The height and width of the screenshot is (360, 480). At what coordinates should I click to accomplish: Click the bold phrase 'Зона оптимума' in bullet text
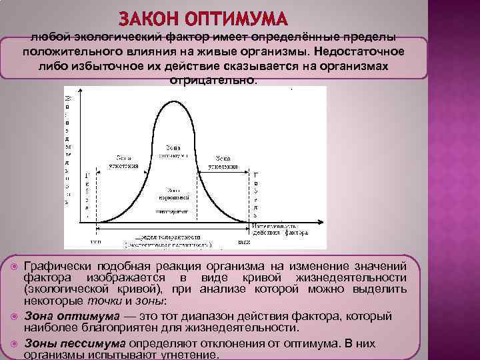[x=71, y=315]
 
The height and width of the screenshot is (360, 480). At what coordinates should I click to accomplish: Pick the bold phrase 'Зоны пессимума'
[x=75, y=343]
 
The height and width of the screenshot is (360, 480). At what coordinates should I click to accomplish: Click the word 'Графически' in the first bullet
[x=61, y=265]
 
